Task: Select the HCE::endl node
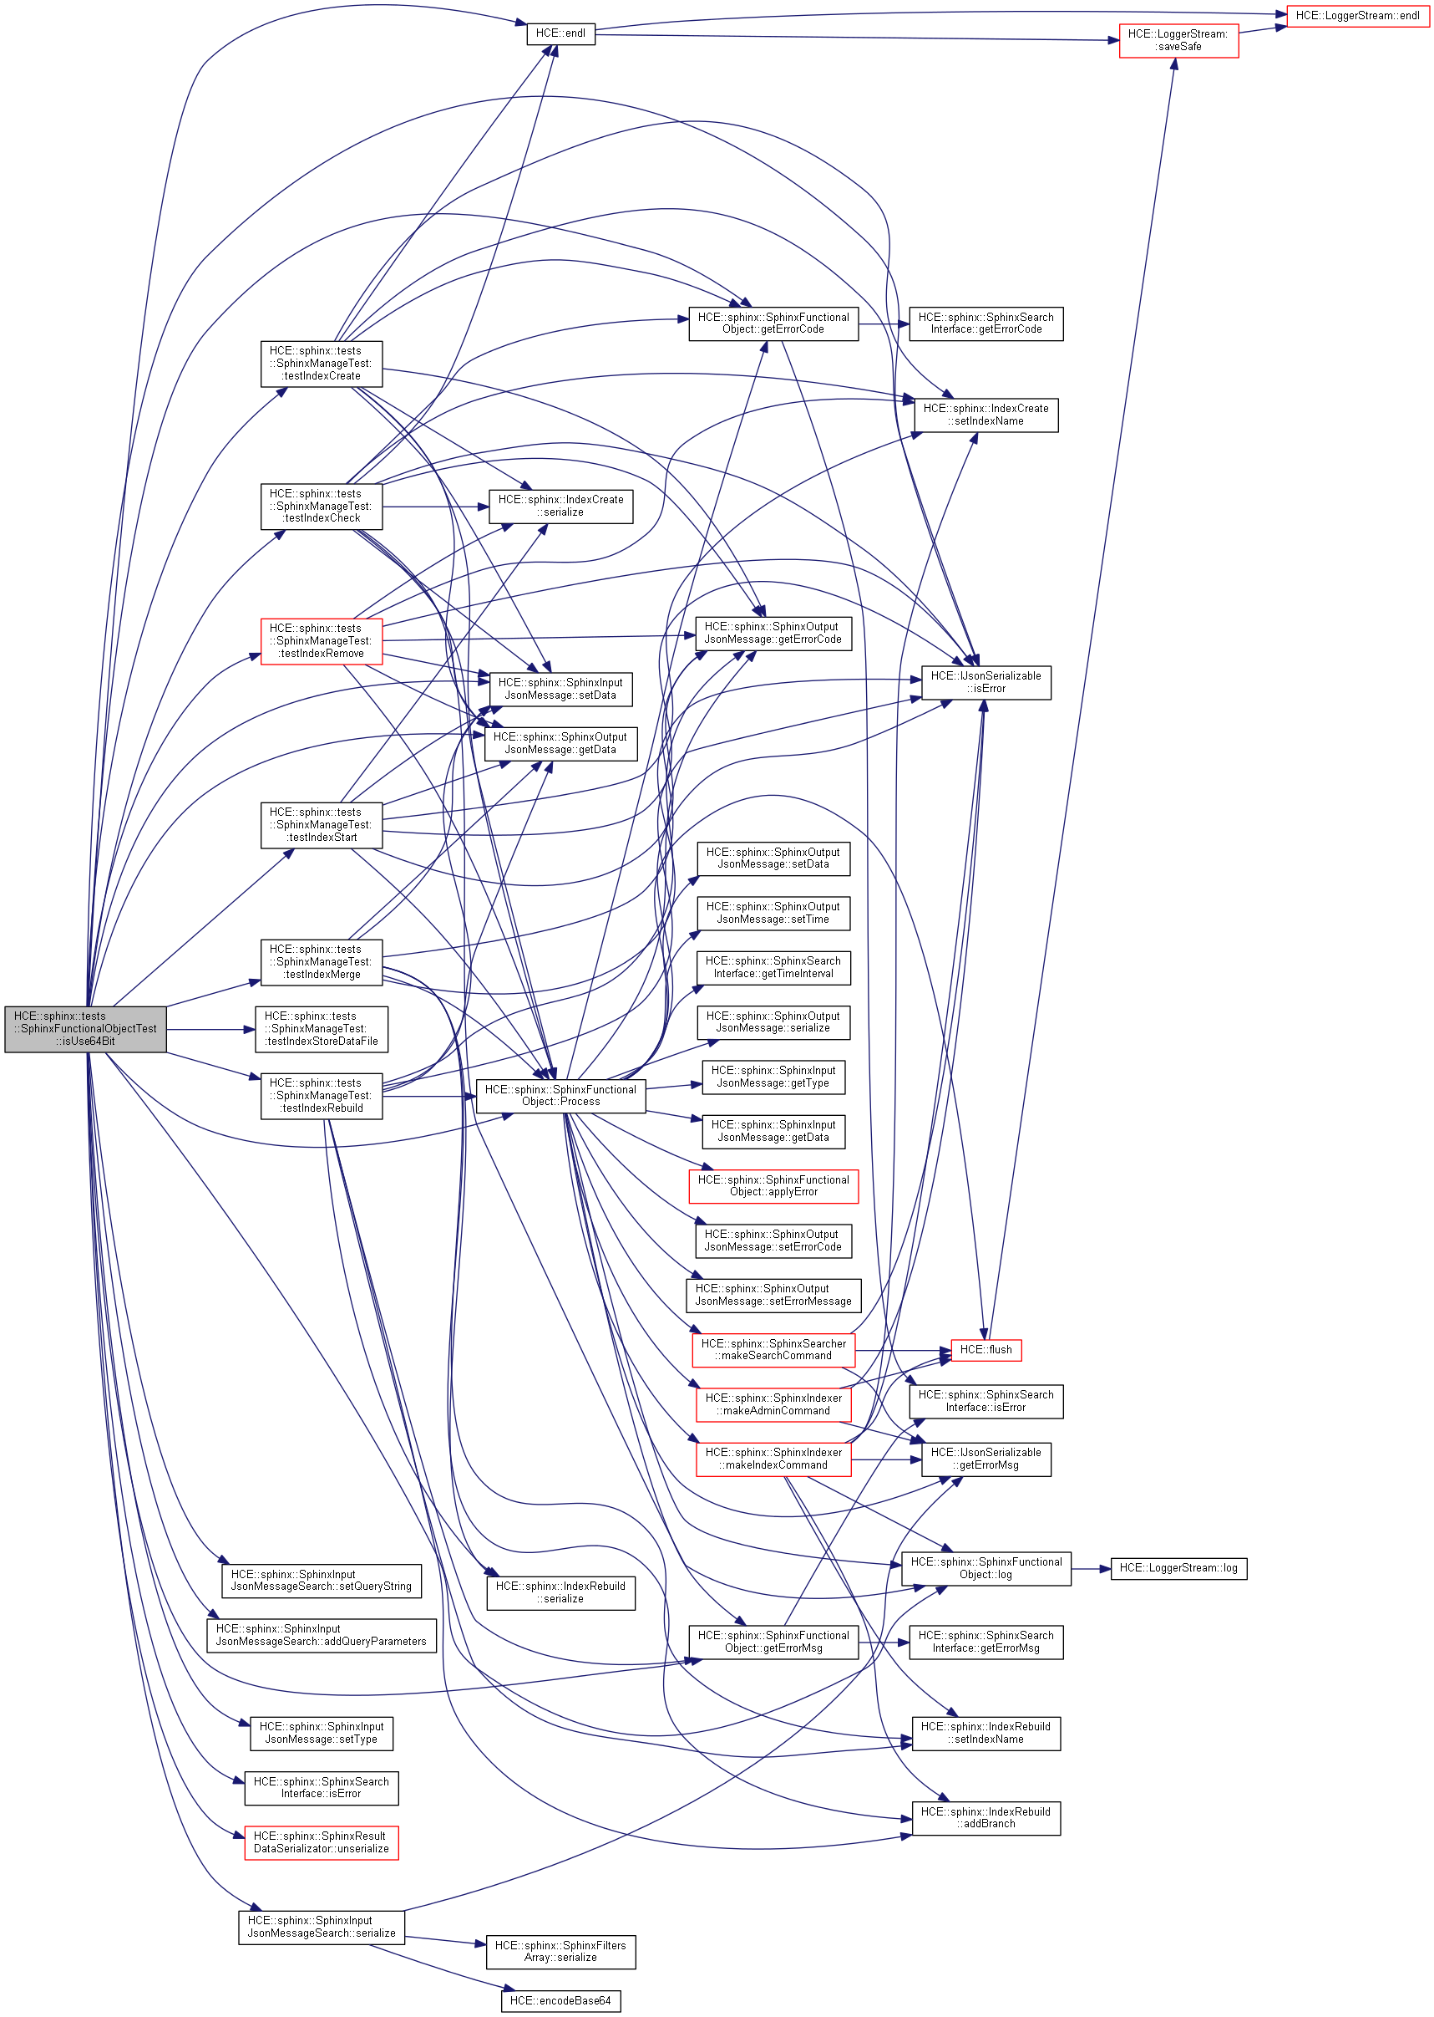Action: point(560,33)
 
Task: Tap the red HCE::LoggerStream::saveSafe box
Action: point(1178,41)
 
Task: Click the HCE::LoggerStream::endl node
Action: point(1356,16)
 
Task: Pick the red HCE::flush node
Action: point(986,1349)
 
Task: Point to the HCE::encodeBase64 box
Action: point(560,2000)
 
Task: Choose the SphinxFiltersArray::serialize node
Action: point(560,1951)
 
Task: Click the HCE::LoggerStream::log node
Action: point(1178,1567)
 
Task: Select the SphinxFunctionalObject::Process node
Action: point(560,1096)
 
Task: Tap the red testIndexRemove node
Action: point(321,640)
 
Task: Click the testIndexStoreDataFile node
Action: point(321,1028)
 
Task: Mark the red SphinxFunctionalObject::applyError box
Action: point(773,1185)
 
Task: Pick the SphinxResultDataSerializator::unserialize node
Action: point(321,1842)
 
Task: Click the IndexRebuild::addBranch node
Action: point(986,1817)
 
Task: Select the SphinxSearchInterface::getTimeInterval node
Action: point(773,967)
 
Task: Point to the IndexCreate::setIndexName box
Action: point(986,415)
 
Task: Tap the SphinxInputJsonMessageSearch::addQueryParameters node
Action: point(321,1634)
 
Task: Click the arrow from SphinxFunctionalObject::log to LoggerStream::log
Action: point(1091,1568)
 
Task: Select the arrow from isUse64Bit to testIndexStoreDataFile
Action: point(210,1029)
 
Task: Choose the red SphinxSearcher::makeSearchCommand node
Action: point(773,1349)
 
